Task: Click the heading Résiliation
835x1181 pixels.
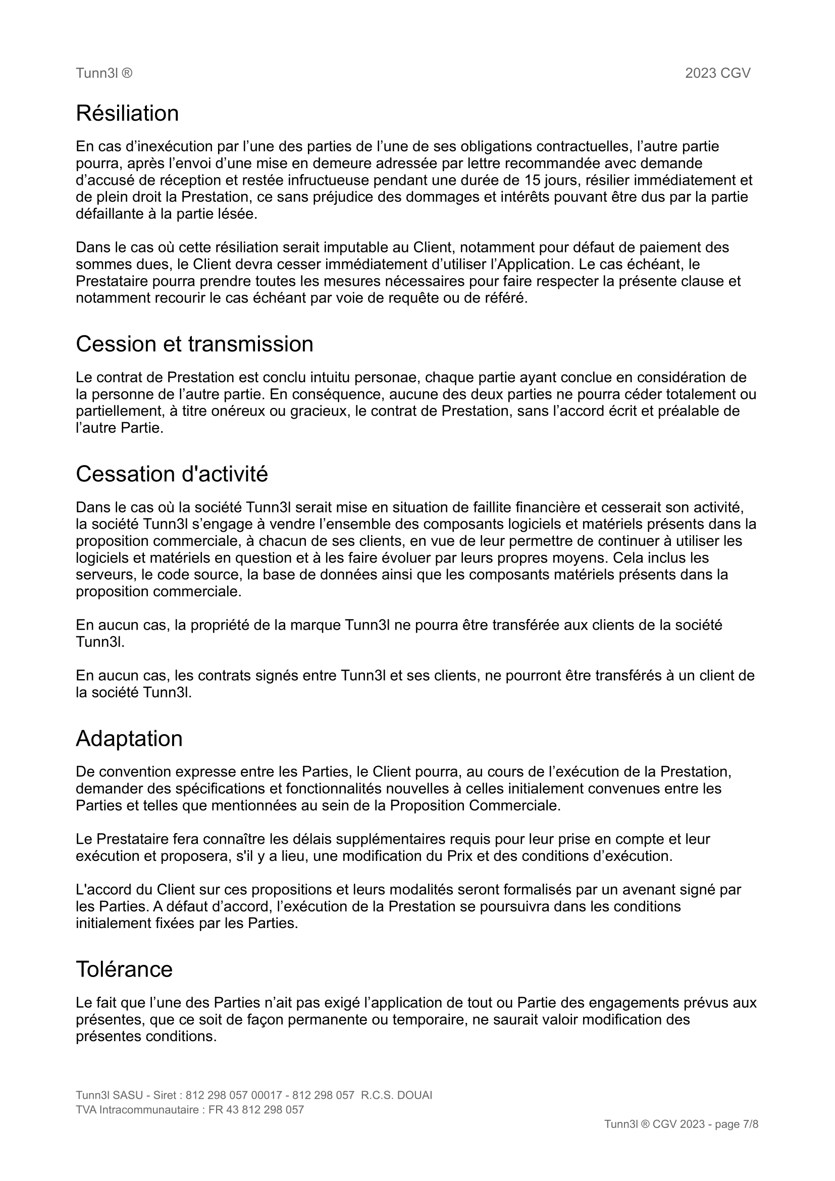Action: point(127,114)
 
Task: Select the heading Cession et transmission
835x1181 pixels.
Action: point(194,344)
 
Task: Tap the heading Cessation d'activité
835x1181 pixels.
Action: point(172,474)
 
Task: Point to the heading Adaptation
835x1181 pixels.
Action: point(129,739)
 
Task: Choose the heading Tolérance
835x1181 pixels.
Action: point(124,969)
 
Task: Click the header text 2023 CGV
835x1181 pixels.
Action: point(717,73)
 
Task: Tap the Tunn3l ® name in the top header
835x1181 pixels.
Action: point(104,73)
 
